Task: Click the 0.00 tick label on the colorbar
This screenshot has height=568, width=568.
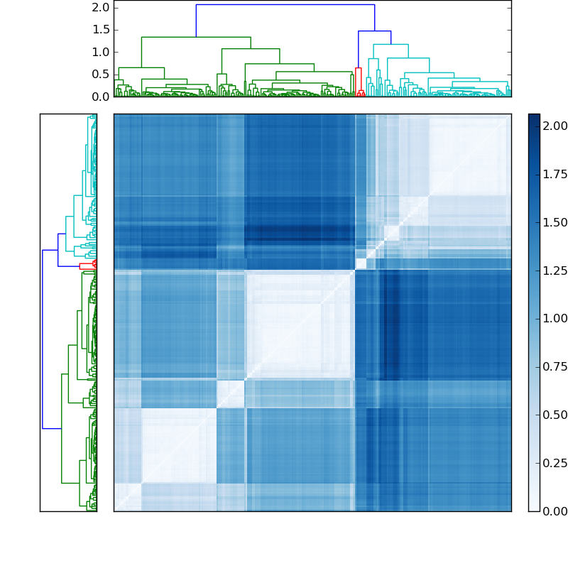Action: tap(554, 511)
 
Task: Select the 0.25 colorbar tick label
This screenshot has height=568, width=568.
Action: tap(554, 463)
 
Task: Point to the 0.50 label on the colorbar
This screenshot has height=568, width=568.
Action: tap(554, 415)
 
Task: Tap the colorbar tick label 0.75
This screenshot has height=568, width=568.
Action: tap(554, 366)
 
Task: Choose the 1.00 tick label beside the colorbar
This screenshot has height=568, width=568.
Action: tap(554, 318)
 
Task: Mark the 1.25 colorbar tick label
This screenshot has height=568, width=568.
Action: tap(554, 271)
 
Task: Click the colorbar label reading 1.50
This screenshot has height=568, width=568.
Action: tap(554, 222)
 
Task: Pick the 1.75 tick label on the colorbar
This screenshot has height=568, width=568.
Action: tap(554, 174)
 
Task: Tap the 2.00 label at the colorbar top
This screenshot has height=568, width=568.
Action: tap(554, 126)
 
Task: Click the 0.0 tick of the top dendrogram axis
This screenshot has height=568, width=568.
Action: tap(101, 97)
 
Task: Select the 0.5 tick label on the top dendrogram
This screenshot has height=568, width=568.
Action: tap(101, 75)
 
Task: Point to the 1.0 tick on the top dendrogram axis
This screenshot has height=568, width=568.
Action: tap(101, 52)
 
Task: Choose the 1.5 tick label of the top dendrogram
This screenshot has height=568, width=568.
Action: tap(101, 30)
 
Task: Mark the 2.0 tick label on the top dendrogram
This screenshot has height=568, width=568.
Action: tap(101, 7)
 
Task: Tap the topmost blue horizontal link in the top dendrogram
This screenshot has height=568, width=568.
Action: tap(284, 5)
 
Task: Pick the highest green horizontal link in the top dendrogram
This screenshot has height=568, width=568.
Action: tap(195, 37)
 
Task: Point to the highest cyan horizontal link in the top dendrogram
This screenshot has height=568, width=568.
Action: tap(390, 45)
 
